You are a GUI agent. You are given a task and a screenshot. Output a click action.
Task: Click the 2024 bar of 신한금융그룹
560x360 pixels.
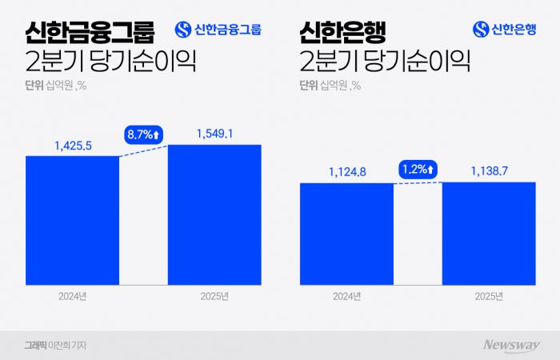click(72, 220)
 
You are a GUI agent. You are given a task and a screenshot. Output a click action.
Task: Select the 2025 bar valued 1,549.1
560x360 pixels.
click(214, 214)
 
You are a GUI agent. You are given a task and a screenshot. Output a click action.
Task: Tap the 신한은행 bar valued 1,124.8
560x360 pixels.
click(346, 234)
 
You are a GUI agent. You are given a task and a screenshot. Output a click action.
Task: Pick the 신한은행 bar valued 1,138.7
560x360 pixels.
click(489, 234)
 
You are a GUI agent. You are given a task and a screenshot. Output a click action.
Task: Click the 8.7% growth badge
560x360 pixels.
click(143, 135)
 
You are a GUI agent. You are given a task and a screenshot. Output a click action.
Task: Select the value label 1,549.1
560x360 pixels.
click(214, 134)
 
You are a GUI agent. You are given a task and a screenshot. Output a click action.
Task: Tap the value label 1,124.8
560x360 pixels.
click(347, 170)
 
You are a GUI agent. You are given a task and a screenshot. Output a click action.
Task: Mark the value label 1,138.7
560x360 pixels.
click(489, 170)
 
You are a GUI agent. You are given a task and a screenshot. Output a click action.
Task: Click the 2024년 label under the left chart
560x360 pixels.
click(73, 297)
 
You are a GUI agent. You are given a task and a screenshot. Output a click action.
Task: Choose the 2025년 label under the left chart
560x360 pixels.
click(214, 297)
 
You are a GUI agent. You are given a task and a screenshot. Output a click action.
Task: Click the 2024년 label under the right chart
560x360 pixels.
click(347, 297)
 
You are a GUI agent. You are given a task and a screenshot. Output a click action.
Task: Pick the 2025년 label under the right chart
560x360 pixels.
click(489, 297)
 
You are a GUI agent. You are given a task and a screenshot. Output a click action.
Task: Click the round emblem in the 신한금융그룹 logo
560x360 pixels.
click(183, 30)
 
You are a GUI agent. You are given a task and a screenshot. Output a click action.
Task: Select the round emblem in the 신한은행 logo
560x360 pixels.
click(481, 30)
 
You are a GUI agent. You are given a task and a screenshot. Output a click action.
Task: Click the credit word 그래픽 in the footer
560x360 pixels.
click(36, 346)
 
